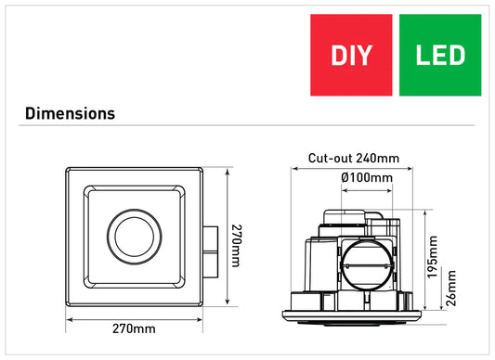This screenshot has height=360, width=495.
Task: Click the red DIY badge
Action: point(351,55)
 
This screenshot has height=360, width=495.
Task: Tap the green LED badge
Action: point(440,55)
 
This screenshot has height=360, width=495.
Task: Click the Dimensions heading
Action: point(70,113)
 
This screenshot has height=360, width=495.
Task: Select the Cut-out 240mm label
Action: point(354,158)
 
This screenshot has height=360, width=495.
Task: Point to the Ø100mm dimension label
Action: point(367,177)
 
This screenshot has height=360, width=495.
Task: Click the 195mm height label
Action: point(432,257)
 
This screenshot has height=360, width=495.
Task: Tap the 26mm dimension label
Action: point(451,288)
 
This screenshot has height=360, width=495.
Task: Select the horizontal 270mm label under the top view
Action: point(134,328)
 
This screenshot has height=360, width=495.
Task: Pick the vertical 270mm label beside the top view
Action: point(237,246)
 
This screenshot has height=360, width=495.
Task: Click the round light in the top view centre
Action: point(134,237)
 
